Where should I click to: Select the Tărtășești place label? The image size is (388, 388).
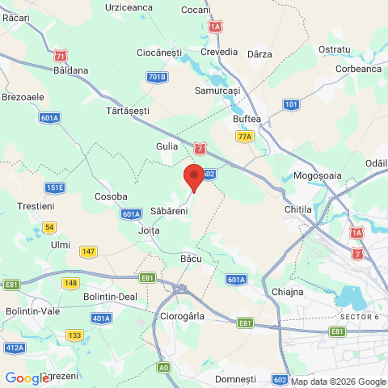129,108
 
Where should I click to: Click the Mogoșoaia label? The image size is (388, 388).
319,175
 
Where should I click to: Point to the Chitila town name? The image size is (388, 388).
298,209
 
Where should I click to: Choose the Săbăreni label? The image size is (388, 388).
169,211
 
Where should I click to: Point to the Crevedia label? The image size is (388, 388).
219,52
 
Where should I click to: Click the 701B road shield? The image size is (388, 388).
158,77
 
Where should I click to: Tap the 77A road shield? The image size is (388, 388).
245,137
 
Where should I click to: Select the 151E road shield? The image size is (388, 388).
54,188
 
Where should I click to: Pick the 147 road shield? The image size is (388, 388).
88,251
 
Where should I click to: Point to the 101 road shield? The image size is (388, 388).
292,105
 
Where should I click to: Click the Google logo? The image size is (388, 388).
27,377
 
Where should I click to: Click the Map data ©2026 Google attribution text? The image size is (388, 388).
338,382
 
